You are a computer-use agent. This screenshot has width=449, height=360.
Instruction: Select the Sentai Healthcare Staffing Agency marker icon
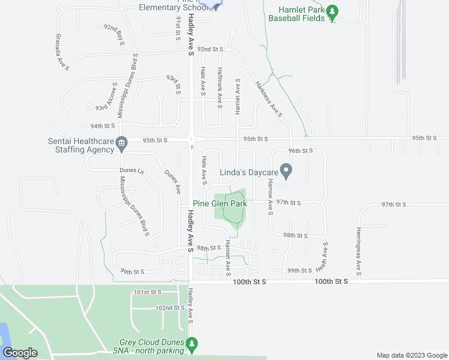(122, 143)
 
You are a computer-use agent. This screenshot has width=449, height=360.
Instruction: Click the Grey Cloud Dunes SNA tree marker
(191, 344)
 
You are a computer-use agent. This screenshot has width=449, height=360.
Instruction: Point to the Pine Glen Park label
(220, 204)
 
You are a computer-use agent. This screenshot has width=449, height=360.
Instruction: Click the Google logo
(20, 353)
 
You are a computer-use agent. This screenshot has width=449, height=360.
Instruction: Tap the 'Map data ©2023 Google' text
(411, 355)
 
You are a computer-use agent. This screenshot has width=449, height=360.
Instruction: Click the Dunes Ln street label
(132, 170)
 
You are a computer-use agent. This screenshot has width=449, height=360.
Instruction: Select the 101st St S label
(148, 292)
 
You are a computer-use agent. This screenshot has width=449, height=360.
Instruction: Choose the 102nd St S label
(169, 308)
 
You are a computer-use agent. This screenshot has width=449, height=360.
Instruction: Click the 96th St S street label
(301, 151)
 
